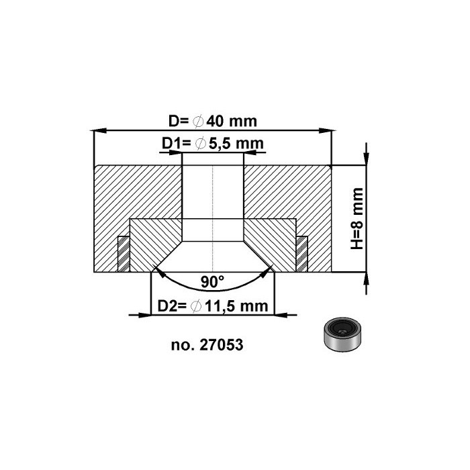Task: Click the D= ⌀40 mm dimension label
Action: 213,122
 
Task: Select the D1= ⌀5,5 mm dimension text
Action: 212,144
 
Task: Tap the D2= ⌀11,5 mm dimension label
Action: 212,306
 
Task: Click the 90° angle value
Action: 213,280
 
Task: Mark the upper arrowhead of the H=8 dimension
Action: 365,158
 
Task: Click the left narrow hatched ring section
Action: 124,254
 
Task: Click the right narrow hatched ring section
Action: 302,254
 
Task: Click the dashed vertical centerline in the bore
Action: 213,201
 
